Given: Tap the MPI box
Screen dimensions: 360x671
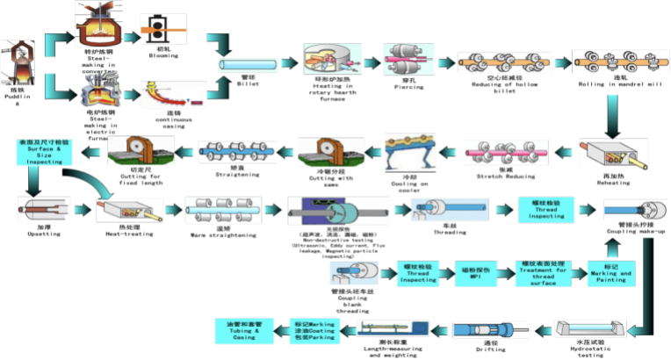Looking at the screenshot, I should tap(476, 273).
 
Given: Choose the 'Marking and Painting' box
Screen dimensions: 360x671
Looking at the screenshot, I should tap(611, 273).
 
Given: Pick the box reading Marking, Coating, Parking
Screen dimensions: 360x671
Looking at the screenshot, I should tap(314, 331).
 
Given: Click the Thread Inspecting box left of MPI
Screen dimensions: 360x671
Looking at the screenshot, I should tap(421, 273).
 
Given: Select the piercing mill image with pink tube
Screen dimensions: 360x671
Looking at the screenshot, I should tap(409, 61).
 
